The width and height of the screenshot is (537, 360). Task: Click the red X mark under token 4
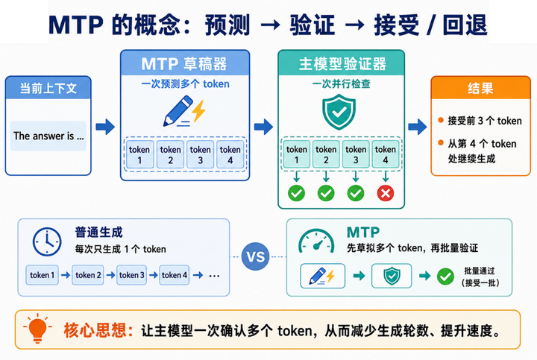(x=386, y=193)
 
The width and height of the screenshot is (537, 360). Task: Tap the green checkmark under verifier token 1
(x=296, y=193)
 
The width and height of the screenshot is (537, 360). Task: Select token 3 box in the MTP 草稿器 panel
(x=201, y=154)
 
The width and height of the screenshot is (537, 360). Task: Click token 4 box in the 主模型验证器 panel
(x=386, y=154)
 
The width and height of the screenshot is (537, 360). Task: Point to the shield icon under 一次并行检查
(x=339, y=113)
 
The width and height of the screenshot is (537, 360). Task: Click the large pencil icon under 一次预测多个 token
(x=178, y=111)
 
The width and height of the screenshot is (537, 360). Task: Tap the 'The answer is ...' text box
(x=48, y=136)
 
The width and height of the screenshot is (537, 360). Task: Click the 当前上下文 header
(x=48, y=88)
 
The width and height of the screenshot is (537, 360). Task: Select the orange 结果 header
(x=480, y=88)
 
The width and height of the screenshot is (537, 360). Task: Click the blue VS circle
(x=256, y=256)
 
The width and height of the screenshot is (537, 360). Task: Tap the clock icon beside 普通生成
(x=47, y=241)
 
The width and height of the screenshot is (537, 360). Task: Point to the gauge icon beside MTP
(x=316, y=241)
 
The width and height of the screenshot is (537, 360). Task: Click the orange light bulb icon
(x=37, y=328)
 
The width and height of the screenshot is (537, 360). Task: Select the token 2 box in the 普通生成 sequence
(x=88, y=275)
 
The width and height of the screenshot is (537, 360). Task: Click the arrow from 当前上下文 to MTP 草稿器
(x=105, y=127)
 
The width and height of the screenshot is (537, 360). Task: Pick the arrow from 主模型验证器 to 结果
(x=418, y=127)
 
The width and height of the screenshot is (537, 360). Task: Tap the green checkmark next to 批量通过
(x=445, y=277)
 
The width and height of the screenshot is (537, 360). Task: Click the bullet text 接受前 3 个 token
(x=485, y=121)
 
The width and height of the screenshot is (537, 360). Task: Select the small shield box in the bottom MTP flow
(x=392, y=276)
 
